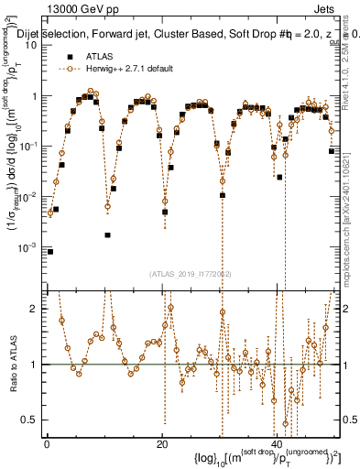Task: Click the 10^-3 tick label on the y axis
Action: [29, 246]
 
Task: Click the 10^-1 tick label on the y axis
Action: [29, 146]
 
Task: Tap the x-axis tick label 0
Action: [47, 443]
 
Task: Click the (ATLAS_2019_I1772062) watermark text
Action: [192, 273]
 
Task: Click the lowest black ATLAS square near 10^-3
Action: [50, 251]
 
